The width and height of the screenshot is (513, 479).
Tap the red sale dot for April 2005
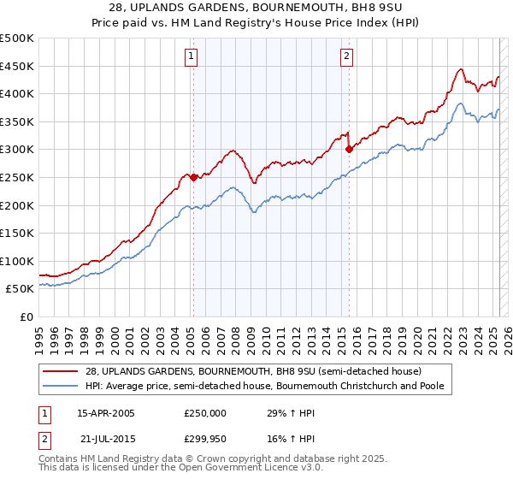(x=194, y=178)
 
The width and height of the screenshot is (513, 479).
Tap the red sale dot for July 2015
(x=349, y=150)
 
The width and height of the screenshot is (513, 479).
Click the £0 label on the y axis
(x=26, y=316)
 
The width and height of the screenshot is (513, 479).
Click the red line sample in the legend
(x=55, y=372)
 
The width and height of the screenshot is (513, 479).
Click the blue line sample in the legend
(x=55, y=387)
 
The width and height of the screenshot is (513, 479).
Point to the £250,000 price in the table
(x=205, y=413)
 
